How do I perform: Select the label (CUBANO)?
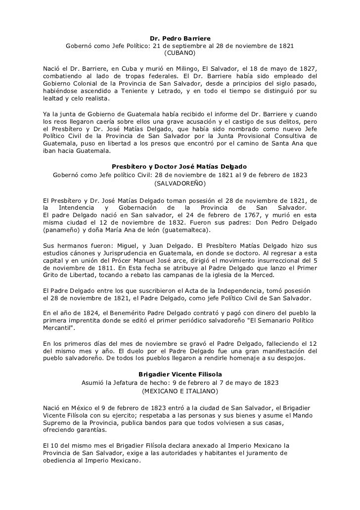point(180,52)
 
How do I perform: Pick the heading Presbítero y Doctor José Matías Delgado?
point(180,167)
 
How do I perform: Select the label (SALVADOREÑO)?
point(180,183)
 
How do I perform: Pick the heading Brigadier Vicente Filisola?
point(180,374)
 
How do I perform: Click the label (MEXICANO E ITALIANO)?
point(180,390)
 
